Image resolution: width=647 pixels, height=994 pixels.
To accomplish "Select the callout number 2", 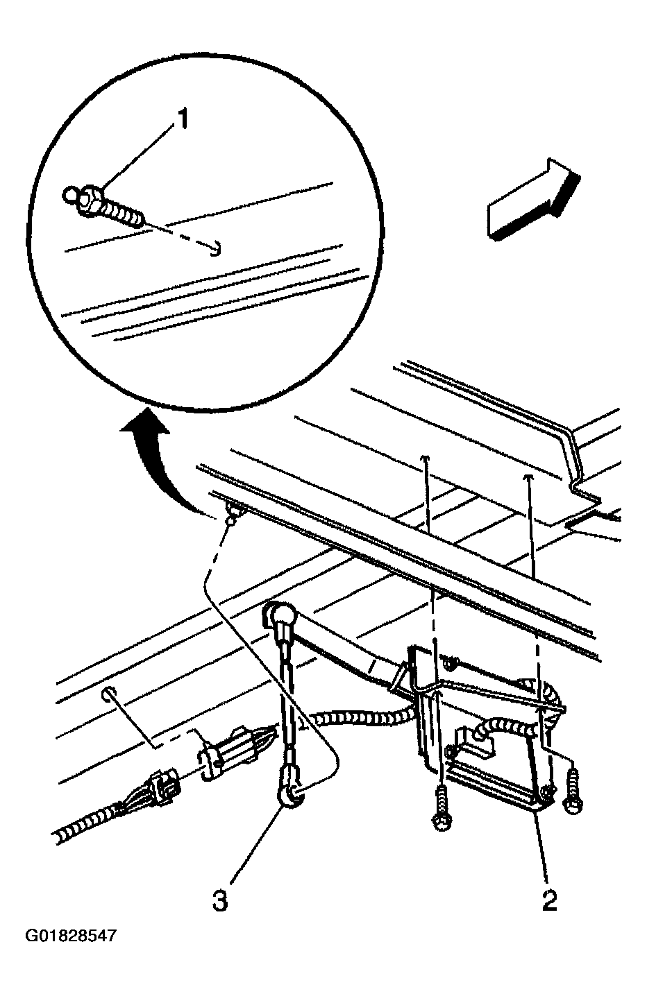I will pos(549,900).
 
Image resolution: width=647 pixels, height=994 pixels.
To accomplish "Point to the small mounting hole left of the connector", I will pos(108,693).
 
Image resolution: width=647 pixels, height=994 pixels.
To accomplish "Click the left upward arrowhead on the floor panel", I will pos(427,459).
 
